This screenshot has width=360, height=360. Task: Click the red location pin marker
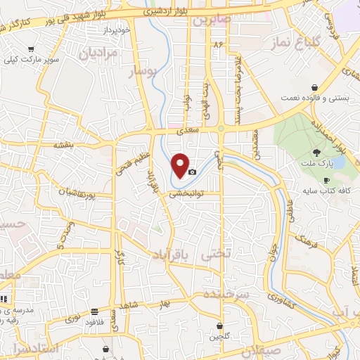coord(181,165)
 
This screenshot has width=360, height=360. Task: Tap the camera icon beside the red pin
coord(192,172)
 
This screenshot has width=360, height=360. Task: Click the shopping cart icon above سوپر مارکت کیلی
coord(31,50)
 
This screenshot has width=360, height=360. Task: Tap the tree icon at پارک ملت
coord(317,152)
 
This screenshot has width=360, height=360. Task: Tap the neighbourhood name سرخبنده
coord(226,292)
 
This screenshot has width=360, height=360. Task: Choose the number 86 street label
coord(218,44)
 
